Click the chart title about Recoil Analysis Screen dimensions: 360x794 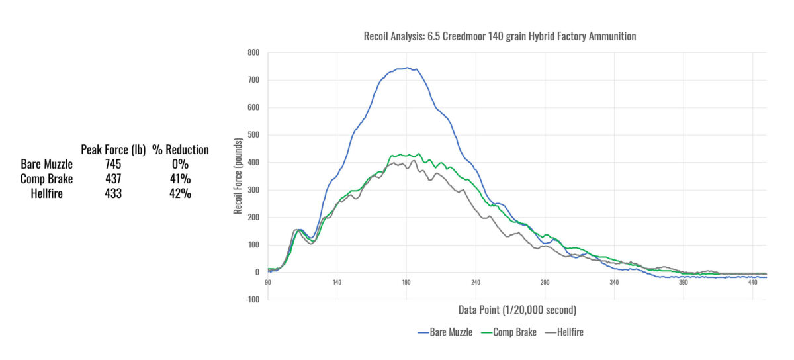[x=500, y=36]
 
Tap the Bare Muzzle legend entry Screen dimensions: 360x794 [x=445, y=332]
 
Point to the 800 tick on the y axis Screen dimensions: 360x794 [x=253, y=52]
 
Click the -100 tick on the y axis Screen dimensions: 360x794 [x=252, y=300]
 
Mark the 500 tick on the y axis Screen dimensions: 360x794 [x=253, y=135]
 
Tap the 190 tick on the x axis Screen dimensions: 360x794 [x=406, y=282]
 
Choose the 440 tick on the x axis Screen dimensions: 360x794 [x=753, y=282]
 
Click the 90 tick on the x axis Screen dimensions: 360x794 [x=268, y=282]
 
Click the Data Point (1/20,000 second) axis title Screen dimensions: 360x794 [x=517, y=310]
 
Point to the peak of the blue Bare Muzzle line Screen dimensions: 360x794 [x=408, y=67]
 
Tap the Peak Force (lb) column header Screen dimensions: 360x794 [x=112, y=150]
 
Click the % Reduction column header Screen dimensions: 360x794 [x=180, y=150]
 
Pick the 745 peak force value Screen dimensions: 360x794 [x=112, y=164]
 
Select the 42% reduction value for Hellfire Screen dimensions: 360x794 [x=180, y=193]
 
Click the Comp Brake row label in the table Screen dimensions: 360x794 [x=46, y=179]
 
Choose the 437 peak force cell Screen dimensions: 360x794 [x=112, y=179]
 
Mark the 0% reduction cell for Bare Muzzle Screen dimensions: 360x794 [x=180, y=164]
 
